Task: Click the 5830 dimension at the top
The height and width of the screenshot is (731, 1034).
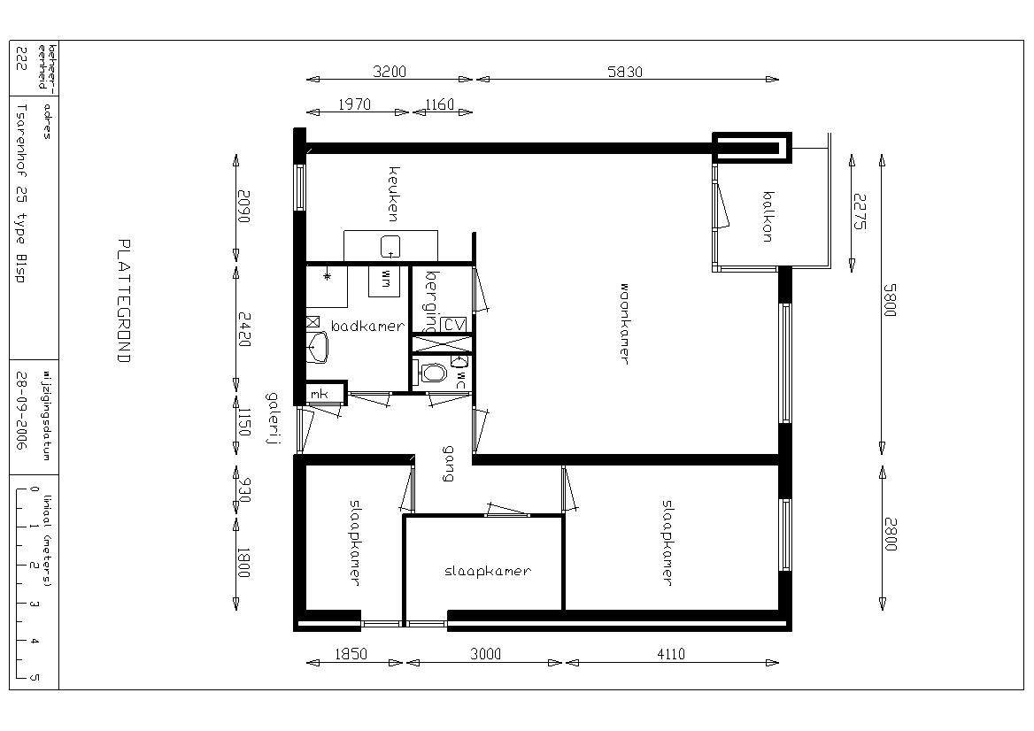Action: click(x=624, y=71)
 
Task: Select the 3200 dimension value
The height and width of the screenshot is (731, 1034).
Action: click(x=389, y=71)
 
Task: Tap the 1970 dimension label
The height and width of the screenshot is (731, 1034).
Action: click(x=354, y=104)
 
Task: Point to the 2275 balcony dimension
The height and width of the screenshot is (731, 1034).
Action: click(x=860, y=212)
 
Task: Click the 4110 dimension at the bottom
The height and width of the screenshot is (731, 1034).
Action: click(x=671, y=654)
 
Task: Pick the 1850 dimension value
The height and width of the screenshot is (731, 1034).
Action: click(x=351, y=654)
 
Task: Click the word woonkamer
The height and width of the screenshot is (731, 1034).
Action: click(x=624, y=324)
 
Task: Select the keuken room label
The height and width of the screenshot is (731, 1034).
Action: click(x=394, y=194)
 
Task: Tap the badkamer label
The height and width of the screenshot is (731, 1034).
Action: click(x=367, y=326)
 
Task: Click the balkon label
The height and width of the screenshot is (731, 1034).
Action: click(x=768, y=217)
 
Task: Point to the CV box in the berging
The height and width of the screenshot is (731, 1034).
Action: click(x=453, y=325)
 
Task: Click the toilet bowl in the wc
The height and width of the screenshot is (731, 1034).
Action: click(x=433, y=373)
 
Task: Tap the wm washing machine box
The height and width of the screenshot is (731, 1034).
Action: click(x=384, y=281)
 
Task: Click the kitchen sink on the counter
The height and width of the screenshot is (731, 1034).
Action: click(x=390, y=247)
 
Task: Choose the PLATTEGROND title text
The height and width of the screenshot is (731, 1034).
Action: click(x=123, y=301)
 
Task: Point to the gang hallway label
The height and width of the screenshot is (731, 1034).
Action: click(x=449, y=464)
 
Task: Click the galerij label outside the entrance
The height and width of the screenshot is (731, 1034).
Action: click(x=272, y=419)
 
